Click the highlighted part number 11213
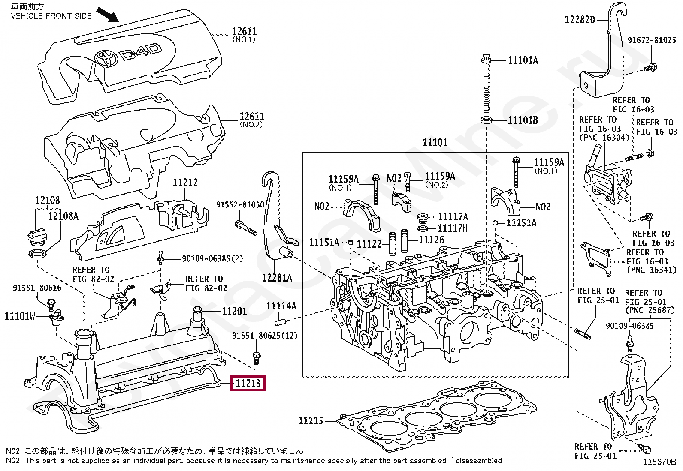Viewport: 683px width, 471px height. (248, 383)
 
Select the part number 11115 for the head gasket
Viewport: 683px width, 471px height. (311, 421)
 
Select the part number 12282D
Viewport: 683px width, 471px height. (580, 20)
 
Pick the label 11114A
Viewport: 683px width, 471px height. (281, 306)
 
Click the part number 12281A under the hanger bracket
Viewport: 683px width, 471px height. (277, 278)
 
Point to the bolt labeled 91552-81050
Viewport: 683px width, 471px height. (245, 227)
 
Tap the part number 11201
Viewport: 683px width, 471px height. (234, 312)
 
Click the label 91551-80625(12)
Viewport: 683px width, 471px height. (265, 336)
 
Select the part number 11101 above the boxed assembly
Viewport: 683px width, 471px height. (435, 143)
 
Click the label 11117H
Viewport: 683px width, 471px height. (452, 228)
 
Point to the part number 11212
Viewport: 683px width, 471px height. (185, 183)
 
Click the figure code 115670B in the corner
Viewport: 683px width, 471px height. (659, 462)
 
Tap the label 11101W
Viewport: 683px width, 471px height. (20, 317)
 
